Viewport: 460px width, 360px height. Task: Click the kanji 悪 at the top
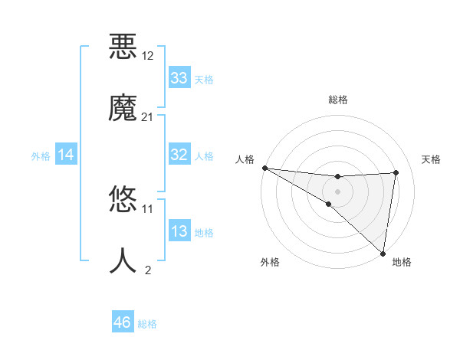(x=123, y=45)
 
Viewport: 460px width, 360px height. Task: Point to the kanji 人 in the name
(x=123, y=260)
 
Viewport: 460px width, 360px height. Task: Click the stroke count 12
(x=148, y=56)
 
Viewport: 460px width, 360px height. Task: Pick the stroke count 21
(x=148, y=116)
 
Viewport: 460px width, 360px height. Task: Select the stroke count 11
(x=148, y=208)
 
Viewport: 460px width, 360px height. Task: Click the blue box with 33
(x=179, y=78)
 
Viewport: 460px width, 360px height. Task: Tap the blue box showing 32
(x=179, y=155)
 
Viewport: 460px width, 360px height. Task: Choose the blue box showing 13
(x=179, y=231)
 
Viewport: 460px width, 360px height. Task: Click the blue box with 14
(x=66, y=155)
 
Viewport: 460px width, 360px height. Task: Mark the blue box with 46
(x=122, y=322)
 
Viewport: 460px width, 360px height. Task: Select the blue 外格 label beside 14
(x=41, y=155)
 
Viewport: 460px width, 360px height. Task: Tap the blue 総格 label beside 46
(x=147, y=323)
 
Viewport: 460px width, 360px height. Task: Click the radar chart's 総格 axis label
(x=338, y=100)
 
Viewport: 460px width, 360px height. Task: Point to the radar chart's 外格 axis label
(x=270, y=262)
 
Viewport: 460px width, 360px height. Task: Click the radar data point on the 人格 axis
(x=264, y=167)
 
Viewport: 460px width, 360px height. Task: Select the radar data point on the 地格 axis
(x=383, y=254)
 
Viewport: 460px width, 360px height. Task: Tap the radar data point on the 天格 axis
(x=396, y=172)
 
